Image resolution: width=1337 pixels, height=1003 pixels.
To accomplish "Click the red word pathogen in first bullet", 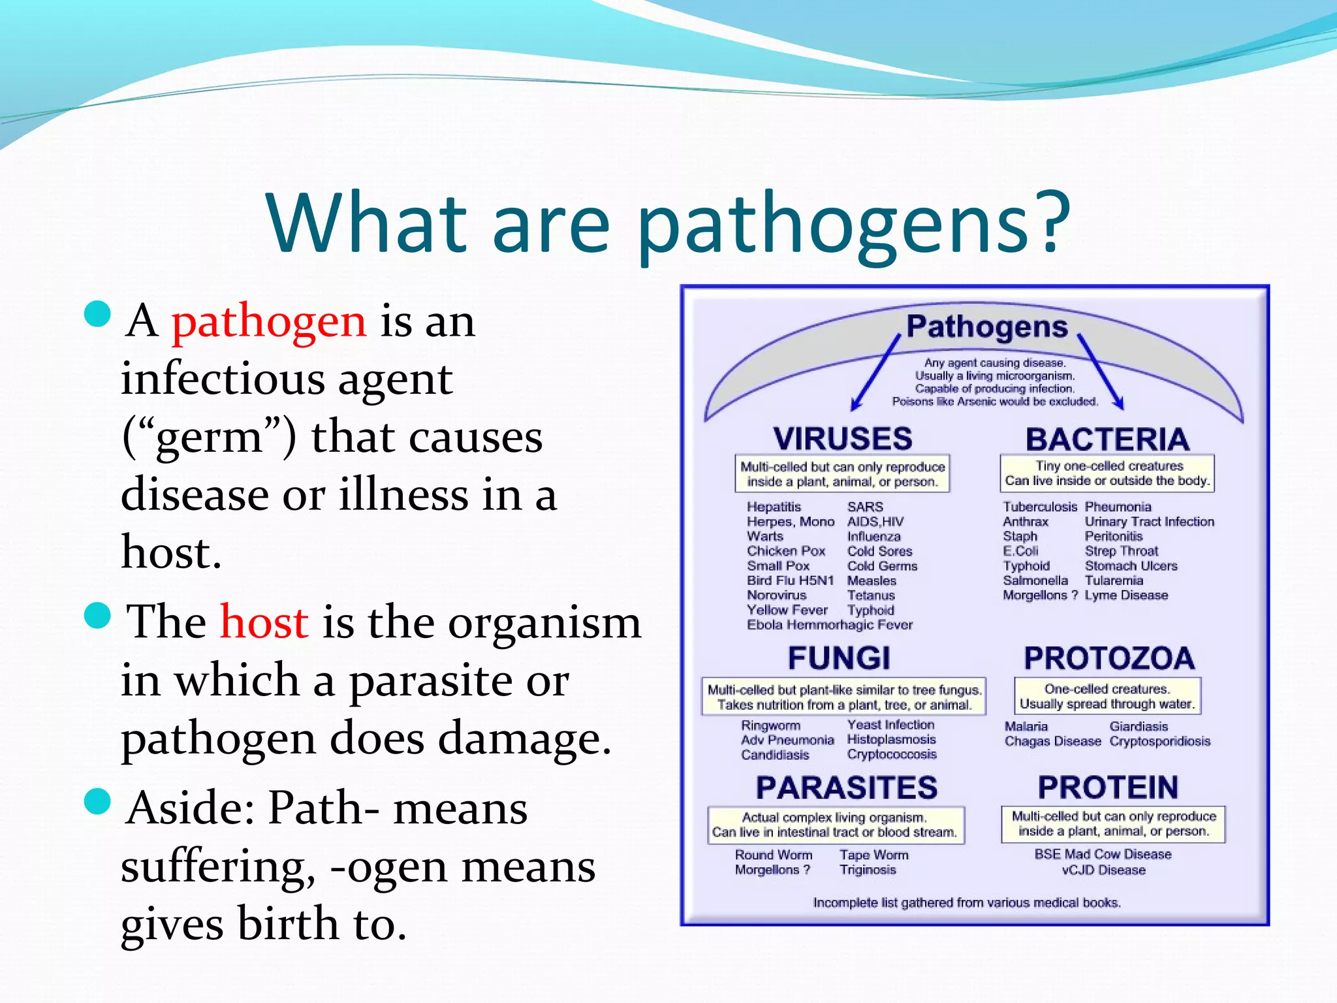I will tap(268, 322).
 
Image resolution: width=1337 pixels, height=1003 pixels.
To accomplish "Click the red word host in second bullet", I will tap(264, 622).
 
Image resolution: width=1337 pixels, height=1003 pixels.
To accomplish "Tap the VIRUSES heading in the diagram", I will tap(842, 438).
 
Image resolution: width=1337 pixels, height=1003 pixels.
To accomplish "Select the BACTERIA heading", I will tap(1107, 439).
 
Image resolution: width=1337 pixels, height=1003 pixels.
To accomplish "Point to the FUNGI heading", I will tap(839, 658).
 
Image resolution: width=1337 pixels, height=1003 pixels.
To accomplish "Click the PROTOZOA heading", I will tap(1109, 658).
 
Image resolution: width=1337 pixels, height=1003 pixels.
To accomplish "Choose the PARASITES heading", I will tap(847, 788).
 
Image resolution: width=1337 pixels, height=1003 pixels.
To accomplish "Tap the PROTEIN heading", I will tap(1108, 788).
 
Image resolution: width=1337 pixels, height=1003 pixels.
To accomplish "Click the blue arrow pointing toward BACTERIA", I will tap(1101, 372).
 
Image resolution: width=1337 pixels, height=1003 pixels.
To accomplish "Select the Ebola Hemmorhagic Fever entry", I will tap(829, 625).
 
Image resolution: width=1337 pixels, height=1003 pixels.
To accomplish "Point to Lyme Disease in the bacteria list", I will tap(1126, 595).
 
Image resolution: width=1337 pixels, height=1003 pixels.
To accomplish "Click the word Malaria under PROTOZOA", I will tap(1026, 726).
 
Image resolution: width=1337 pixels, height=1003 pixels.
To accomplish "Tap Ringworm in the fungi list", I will tap(770, 725).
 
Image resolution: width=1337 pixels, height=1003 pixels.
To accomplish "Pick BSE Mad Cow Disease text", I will tap(1103, 854).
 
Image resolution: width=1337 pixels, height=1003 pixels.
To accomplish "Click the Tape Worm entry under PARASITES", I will tap(873, 855).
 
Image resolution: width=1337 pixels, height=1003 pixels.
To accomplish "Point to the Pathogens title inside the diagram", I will tap(986, 326).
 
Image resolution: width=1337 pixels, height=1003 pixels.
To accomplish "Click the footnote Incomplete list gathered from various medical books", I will tap(966, 902).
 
